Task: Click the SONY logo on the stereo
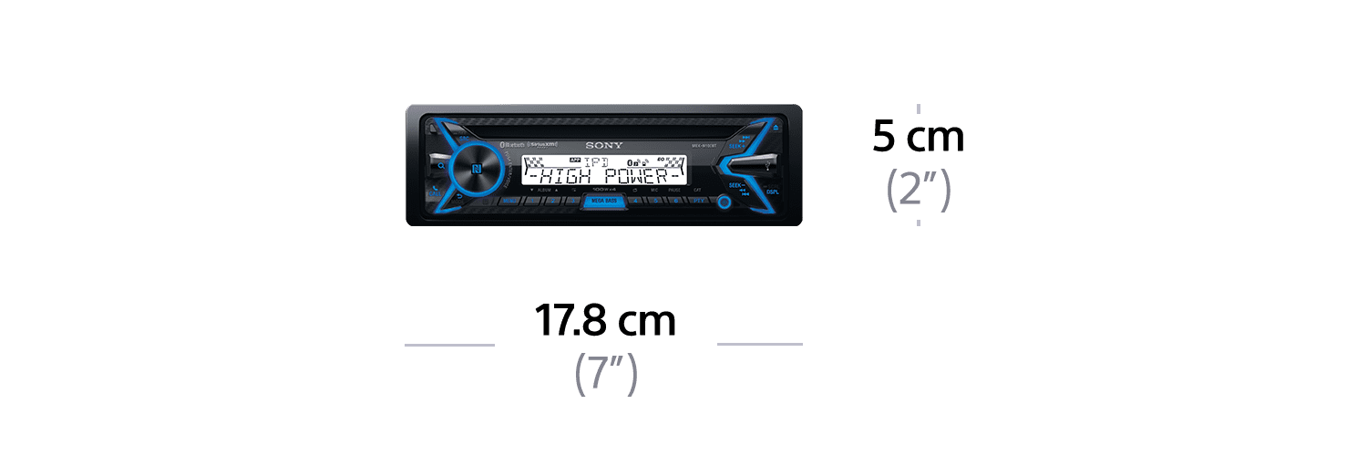point(603,145)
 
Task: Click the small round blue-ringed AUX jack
point(724,202)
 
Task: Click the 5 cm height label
point(917,137)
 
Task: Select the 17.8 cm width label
point(605,322)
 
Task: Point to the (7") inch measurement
point(605,374)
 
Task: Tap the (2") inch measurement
point(918,191)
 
